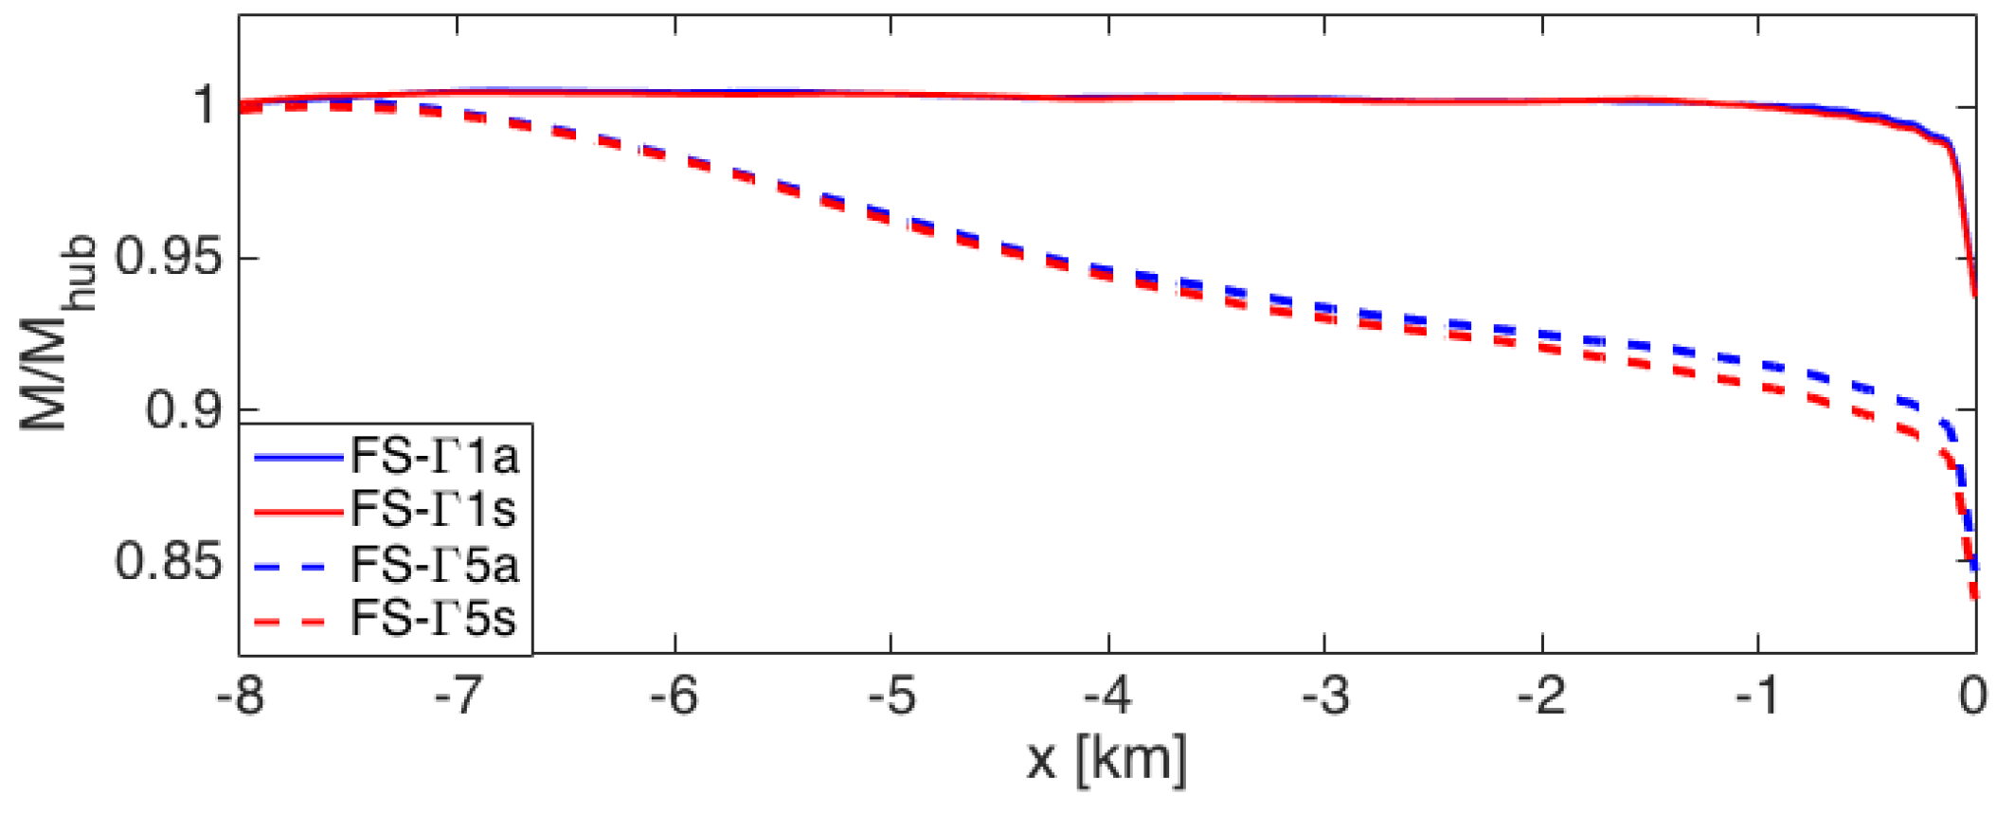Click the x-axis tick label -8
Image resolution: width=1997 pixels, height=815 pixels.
[240, 698]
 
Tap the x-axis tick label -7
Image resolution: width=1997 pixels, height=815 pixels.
[459, 698]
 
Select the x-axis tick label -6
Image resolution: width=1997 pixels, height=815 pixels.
[675, 698]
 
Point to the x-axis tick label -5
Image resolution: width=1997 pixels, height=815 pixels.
[891, 698]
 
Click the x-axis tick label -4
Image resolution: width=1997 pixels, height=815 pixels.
[1108, 698]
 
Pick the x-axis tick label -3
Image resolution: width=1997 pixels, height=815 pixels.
[1324, 698]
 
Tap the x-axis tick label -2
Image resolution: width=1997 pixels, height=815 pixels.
[1541, 698]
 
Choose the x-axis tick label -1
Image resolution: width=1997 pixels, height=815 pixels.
[1758, 698]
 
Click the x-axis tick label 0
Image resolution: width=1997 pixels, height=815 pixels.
[1973, 698]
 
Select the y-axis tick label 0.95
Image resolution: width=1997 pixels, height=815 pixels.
[169, 257]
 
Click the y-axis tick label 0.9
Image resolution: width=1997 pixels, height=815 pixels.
[184, 409]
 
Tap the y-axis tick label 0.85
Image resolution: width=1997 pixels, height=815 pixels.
[169, 561]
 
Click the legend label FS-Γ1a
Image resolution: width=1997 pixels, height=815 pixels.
[435, 457]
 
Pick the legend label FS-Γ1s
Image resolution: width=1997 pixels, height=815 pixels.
[434, 510]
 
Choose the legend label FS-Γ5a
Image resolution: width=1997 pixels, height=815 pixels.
[435, 566]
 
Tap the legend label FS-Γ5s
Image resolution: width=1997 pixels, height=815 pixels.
[434, 620]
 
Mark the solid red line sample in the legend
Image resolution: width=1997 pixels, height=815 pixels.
[297, 512]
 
